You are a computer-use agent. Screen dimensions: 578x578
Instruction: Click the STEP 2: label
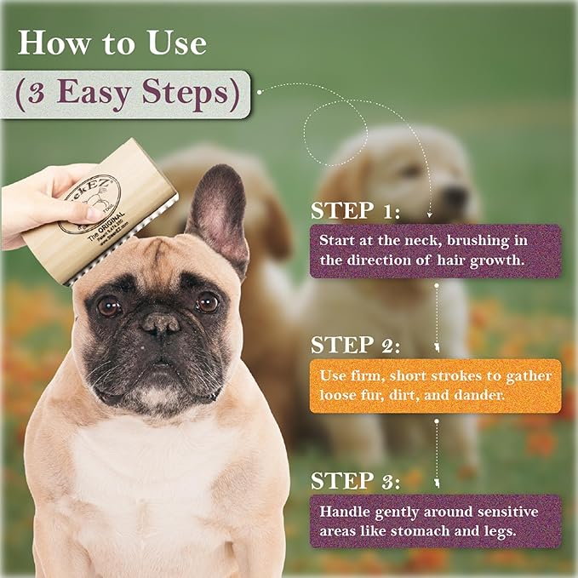coord(357,345)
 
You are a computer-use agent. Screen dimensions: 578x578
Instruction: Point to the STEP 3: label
coord(357,480)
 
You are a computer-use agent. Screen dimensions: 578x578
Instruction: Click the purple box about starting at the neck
coord(435,251)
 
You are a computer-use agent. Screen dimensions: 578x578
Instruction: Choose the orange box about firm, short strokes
coord(435,386)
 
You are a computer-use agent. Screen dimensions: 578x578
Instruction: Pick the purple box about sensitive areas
coord(435,521)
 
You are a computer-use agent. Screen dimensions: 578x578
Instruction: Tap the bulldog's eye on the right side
coord(207,301)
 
